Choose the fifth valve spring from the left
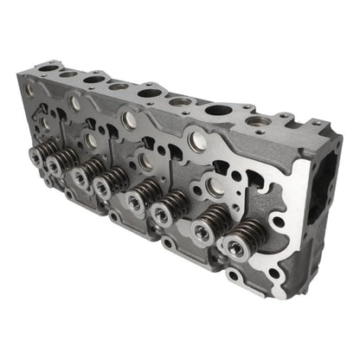(x=138, y=199)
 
